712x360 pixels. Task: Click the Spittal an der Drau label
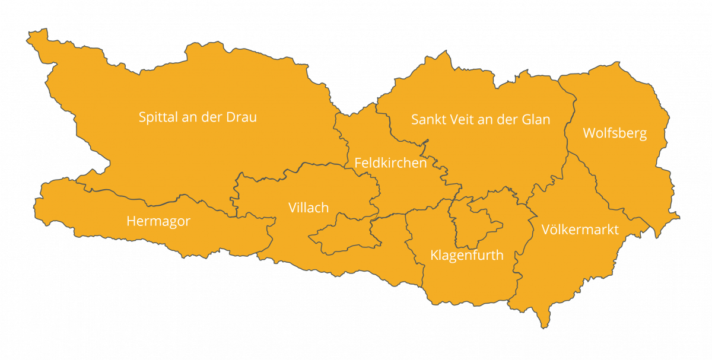198,117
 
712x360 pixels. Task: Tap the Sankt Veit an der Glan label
481,120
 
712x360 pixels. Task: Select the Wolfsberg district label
615,133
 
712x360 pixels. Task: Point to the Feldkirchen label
390,163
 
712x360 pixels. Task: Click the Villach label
309,208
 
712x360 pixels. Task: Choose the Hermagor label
158,222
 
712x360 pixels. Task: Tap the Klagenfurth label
466,256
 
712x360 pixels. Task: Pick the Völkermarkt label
580,230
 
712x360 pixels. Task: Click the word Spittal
158,117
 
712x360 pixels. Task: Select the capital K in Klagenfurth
434,256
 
